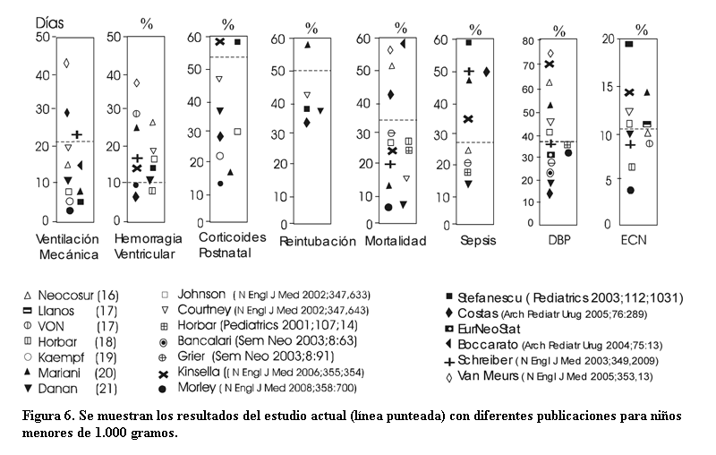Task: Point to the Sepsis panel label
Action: click(477, 240)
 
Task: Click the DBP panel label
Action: click(558, 240)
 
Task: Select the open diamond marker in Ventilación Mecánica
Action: click(66, 63)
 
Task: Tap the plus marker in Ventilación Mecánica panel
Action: click(77, 134)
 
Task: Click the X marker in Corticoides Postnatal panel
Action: click(218, 42)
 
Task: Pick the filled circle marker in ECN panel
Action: click(631, 190)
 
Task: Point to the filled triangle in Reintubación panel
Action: click(308, 45)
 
